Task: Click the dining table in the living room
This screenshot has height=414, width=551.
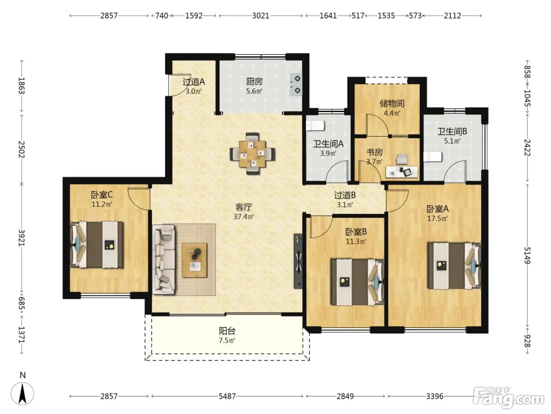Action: pos(252,154)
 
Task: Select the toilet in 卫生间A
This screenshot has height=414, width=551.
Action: pos(315,126)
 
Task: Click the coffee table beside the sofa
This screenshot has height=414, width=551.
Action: pos(194,260)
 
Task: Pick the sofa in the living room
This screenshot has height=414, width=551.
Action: pos(164,259)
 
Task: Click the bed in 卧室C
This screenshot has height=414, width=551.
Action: pos(97,245)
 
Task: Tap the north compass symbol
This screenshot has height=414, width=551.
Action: pos(22,393)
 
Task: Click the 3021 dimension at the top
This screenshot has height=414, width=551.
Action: pos(261,16)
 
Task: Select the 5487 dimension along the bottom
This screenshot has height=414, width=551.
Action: pos(227,396)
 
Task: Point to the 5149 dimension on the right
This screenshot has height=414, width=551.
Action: pos(527,255)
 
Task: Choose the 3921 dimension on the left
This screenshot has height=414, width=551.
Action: pos(22,238)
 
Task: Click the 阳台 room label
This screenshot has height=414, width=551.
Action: pos(227,331)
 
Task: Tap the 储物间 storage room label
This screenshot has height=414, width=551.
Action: pos(392,103)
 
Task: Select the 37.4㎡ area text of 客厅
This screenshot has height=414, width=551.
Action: pos(244,216)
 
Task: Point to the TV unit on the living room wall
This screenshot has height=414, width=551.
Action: pos(298,261)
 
